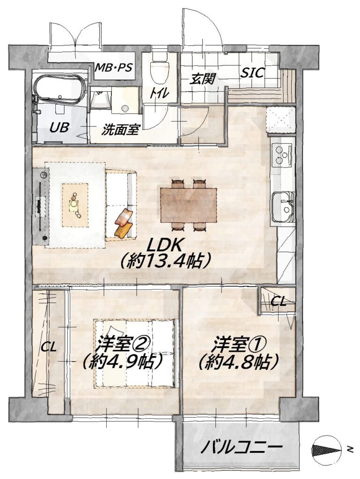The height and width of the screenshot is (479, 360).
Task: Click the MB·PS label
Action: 113,67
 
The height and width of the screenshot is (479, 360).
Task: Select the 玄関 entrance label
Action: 202,79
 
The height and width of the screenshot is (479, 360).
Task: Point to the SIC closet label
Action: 252,73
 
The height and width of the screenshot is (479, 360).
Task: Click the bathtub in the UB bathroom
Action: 59,89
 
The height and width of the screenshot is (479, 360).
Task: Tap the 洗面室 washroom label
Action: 120,131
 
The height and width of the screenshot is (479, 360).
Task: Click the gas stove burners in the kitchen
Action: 282,155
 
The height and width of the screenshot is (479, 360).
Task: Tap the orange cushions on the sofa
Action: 124,223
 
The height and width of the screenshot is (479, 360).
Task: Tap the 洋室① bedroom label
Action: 235,345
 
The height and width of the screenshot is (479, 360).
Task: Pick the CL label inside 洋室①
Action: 279,302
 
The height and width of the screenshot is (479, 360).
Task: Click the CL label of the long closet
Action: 49,348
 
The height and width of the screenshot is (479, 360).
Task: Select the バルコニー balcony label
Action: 241,448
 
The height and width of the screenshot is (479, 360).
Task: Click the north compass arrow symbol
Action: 326,449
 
